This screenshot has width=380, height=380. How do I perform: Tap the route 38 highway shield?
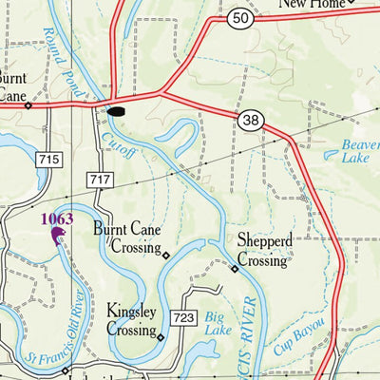pyautogui.click(x=251, y=119)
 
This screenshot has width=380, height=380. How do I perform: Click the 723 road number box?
pyautogui.click(x=182, y=315)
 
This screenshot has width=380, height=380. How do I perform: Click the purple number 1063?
pyautogui.click(x=56, y=219)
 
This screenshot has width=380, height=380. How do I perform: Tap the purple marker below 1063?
pyautogui.click(x=58, y=235)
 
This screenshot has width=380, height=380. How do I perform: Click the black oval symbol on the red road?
pyautogui.click(x=115, y=111)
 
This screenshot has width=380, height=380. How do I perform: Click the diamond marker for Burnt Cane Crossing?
pyautogui.click(x=165, y=255)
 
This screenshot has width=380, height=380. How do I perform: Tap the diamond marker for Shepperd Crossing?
pyautogui.click(x=236, y=269)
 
